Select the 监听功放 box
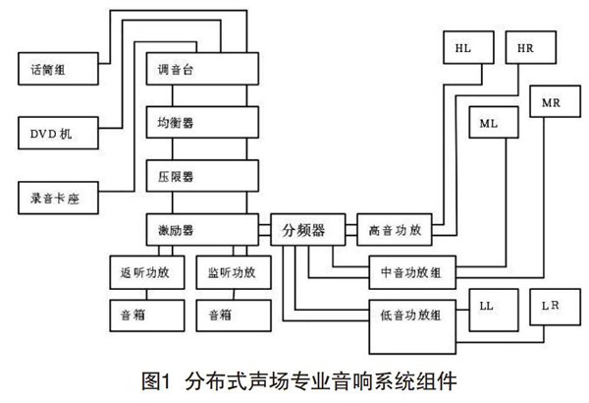pos(233,272)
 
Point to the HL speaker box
pos(463,49)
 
